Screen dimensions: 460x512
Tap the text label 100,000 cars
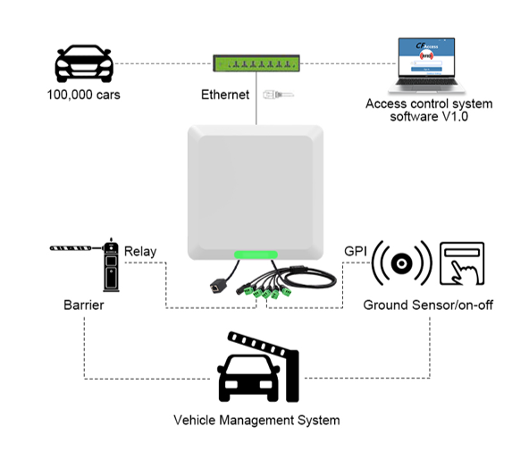pyautogui.click(x=84, y=94)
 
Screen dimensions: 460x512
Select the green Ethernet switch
pyautogui.click(x=256, y=63)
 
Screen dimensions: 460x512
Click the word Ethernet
pyautogui.click(x=225, y=94)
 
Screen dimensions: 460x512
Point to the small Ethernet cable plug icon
pyautogui.click(x=273, y=94)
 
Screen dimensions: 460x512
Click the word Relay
pyautogui.click(x=140, y=251)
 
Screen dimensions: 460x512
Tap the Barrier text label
pyautogui.click(x=84, y=305)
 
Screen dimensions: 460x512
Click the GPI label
pyautogui.click(x=356, y=251)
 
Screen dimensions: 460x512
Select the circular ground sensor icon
pyautogui.click(x=401, y=263)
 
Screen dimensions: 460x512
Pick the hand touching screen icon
pyautogui.click(x=462, y=263)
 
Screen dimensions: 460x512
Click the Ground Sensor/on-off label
pyautogui.click(x=428, y=305)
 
